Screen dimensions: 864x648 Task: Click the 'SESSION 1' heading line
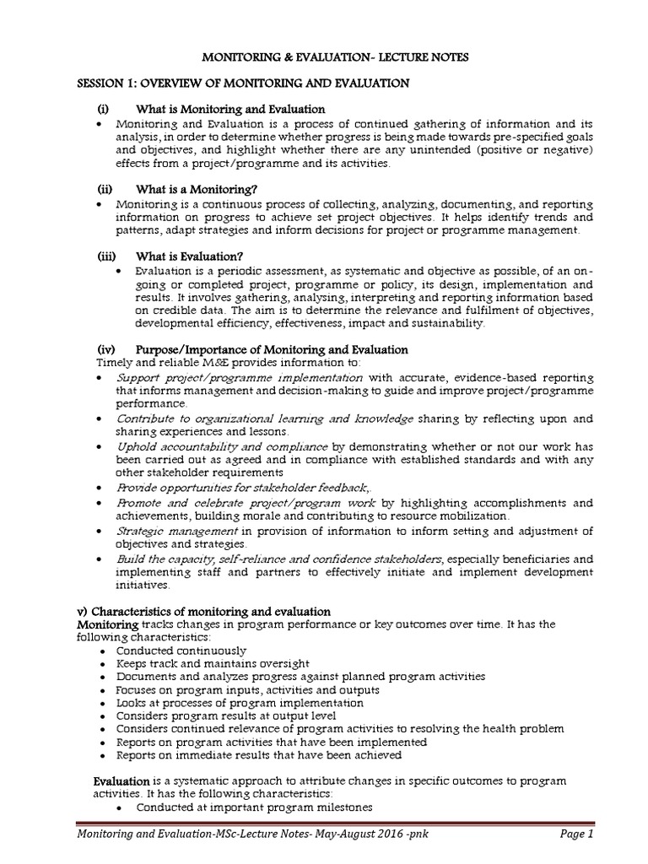(243, 83)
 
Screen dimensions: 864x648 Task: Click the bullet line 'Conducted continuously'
(181, 651)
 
